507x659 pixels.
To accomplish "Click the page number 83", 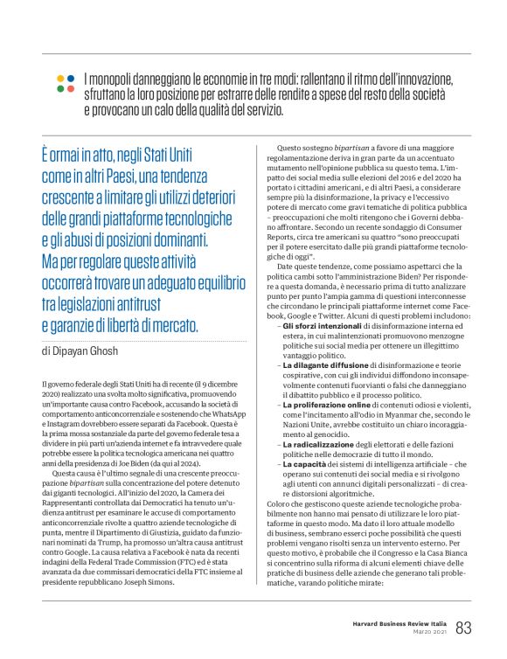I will coord(463,628).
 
